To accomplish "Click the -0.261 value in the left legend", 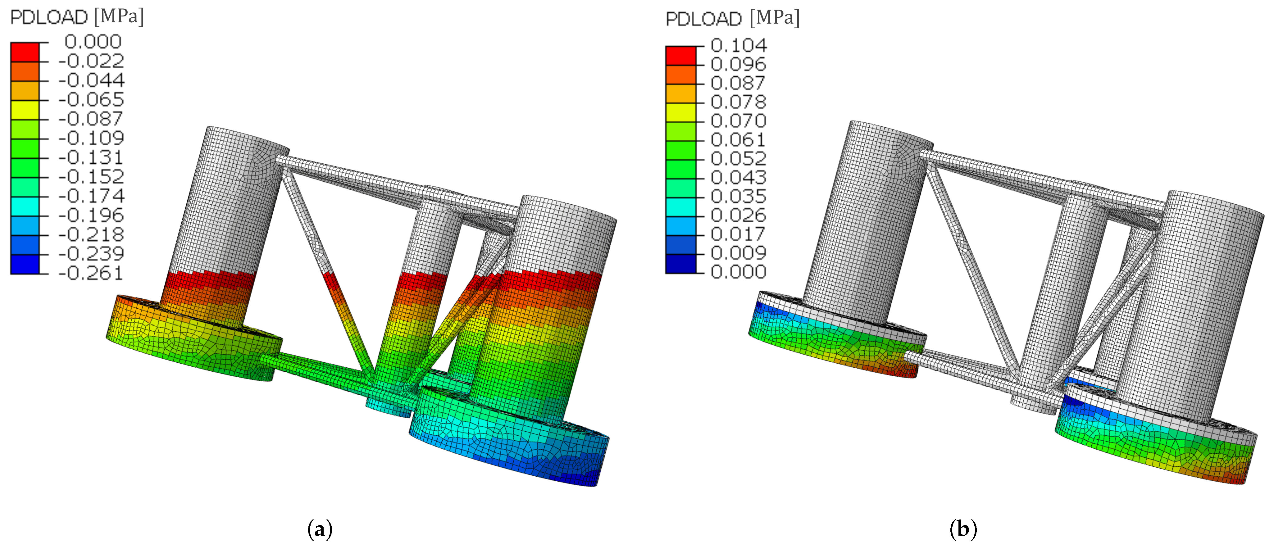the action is pos(91,273).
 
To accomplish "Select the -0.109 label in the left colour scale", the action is pos(91,138).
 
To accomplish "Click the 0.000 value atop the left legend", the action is pos(93,42).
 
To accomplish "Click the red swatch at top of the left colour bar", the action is pos(25,52).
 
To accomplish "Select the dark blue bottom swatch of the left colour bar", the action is pos(25,264).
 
